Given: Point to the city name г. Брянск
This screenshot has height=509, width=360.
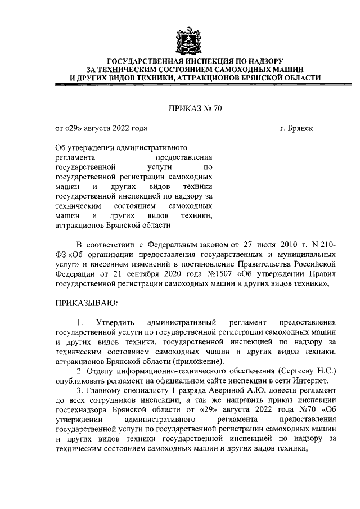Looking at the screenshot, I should (296, 128).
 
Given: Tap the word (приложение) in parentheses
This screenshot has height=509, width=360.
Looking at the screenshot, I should (197, 361).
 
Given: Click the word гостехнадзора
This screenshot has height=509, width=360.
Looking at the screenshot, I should (82, 411).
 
